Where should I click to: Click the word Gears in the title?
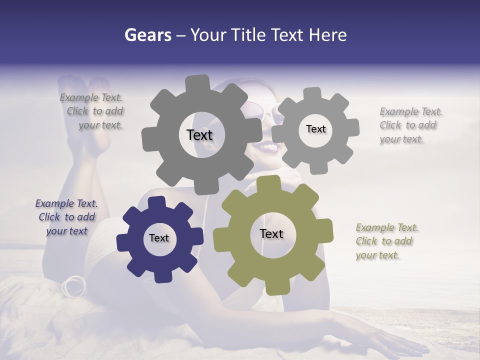click(x=147, y=35)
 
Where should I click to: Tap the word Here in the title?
click(x=327, y=35)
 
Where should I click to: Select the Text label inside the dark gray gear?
click(x=199, y=135)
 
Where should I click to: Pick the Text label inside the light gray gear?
click(x=315, y=129)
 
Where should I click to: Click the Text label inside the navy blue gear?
click(x=159, y=238)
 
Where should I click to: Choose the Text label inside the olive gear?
click(x=271, y=234)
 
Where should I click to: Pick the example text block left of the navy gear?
click(x=66, y=217)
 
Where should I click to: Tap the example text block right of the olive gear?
click(x=386, y=241)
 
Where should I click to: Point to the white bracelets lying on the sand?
click(x=74, y=286)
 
